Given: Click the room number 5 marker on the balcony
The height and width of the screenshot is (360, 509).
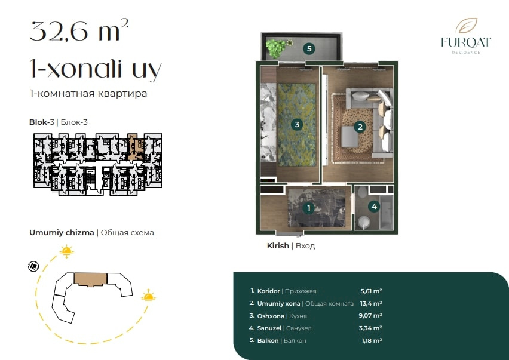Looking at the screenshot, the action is [x=309, y=48].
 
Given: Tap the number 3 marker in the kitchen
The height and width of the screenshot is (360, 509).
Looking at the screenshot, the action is [x=297, y=124].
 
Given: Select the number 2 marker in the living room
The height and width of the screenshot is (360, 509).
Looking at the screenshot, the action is [x=360, y=127].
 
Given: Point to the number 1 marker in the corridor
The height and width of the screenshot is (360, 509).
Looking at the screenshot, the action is [x=309, y=208].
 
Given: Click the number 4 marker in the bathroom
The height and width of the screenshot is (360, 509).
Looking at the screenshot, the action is [x=375, y=207].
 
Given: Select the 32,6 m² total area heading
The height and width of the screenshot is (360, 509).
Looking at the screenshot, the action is [x=79, y=30].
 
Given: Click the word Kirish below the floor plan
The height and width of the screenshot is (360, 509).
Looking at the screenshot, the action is [x=278, y=246].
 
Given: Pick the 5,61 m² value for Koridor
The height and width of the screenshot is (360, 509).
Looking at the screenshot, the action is [x=371, y=291].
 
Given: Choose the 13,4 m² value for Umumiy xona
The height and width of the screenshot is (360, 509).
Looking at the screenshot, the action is [x=371, y=303].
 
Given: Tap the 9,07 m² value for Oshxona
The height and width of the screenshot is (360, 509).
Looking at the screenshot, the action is [x=370, y=316].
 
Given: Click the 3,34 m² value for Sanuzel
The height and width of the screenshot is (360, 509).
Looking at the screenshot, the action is [x=370, y=328].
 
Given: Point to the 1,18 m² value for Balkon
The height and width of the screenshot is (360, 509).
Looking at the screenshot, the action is [x=372, y=340].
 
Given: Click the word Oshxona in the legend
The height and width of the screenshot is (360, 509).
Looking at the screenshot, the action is [x=271, y=316].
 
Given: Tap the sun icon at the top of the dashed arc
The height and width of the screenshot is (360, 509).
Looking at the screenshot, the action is [x=66, y=251].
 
